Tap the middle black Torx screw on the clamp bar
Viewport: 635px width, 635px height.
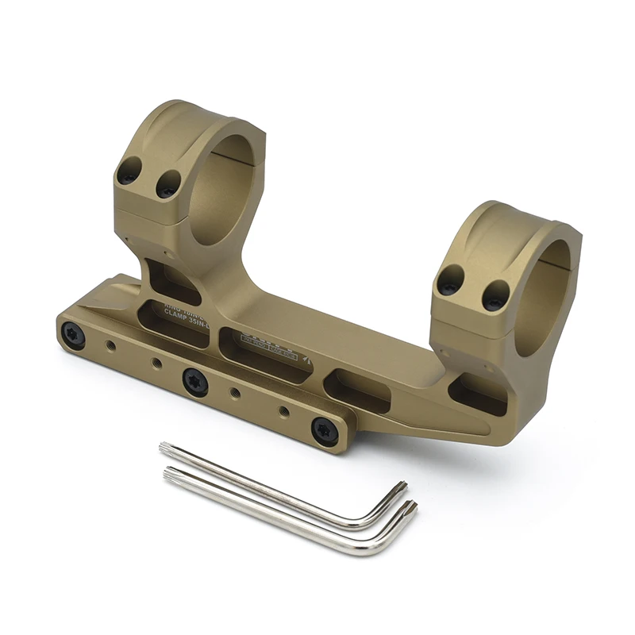pyautogui.click(x=194, y=381)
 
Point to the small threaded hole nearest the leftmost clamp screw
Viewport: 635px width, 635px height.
pyautogui.click(x=111, y=345)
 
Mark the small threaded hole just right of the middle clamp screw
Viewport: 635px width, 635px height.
pyautogui.click(x=235, y=392)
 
